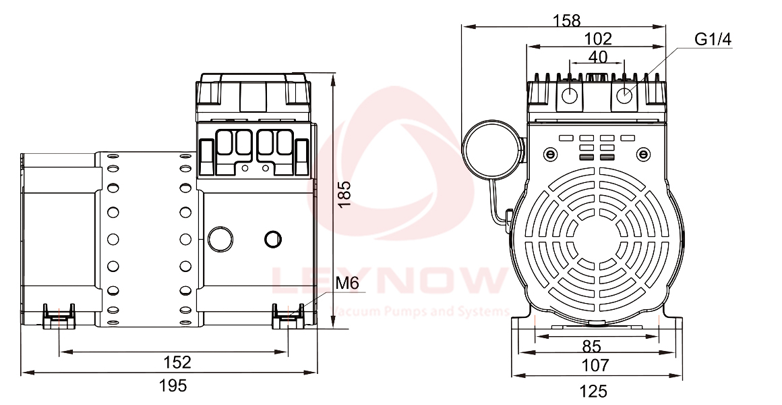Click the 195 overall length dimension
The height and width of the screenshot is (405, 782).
173,385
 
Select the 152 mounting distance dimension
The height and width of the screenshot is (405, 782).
177,362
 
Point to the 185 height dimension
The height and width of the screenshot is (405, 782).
344,194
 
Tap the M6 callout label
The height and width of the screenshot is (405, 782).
347,283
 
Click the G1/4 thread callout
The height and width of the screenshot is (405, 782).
713,39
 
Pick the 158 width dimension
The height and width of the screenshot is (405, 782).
567,20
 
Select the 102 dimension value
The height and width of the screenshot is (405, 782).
597,38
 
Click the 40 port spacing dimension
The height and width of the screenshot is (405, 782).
597,57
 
